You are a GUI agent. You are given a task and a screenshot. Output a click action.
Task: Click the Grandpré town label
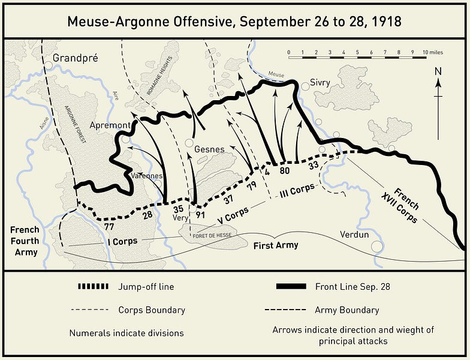pos(74,58)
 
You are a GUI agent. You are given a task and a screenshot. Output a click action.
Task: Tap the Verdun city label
pos(354,234)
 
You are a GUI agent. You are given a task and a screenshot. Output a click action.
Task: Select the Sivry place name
pos(320,82)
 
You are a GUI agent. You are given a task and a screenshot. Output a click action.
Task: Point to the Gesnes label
pos(210,149)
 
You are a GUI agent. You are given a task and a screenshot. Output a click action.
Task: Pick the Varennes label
pos(146,176)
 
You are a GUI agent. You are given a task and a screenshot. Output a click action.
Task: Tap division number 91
pos(200,214)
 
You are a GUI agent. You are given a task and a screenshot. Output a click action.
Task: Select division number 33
pos(313,165)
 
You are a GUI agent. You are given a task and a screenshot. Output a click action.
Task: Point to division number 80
pos(285,170)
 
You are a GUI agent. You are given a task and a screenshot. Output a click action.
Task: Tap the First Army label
pos(275,245)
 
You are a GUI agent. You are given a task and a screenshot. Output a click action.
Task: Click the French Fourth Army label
pos(25,241)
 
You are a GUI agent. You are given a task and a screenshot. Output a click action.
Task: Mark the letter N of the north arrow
pos(438,71)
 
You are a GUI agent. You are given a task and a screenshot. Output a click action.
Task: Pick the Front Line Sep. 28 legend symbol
pos(291,287)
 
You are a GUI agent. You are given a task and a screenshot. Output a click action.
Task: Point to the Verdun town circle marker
pos(377,246)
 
